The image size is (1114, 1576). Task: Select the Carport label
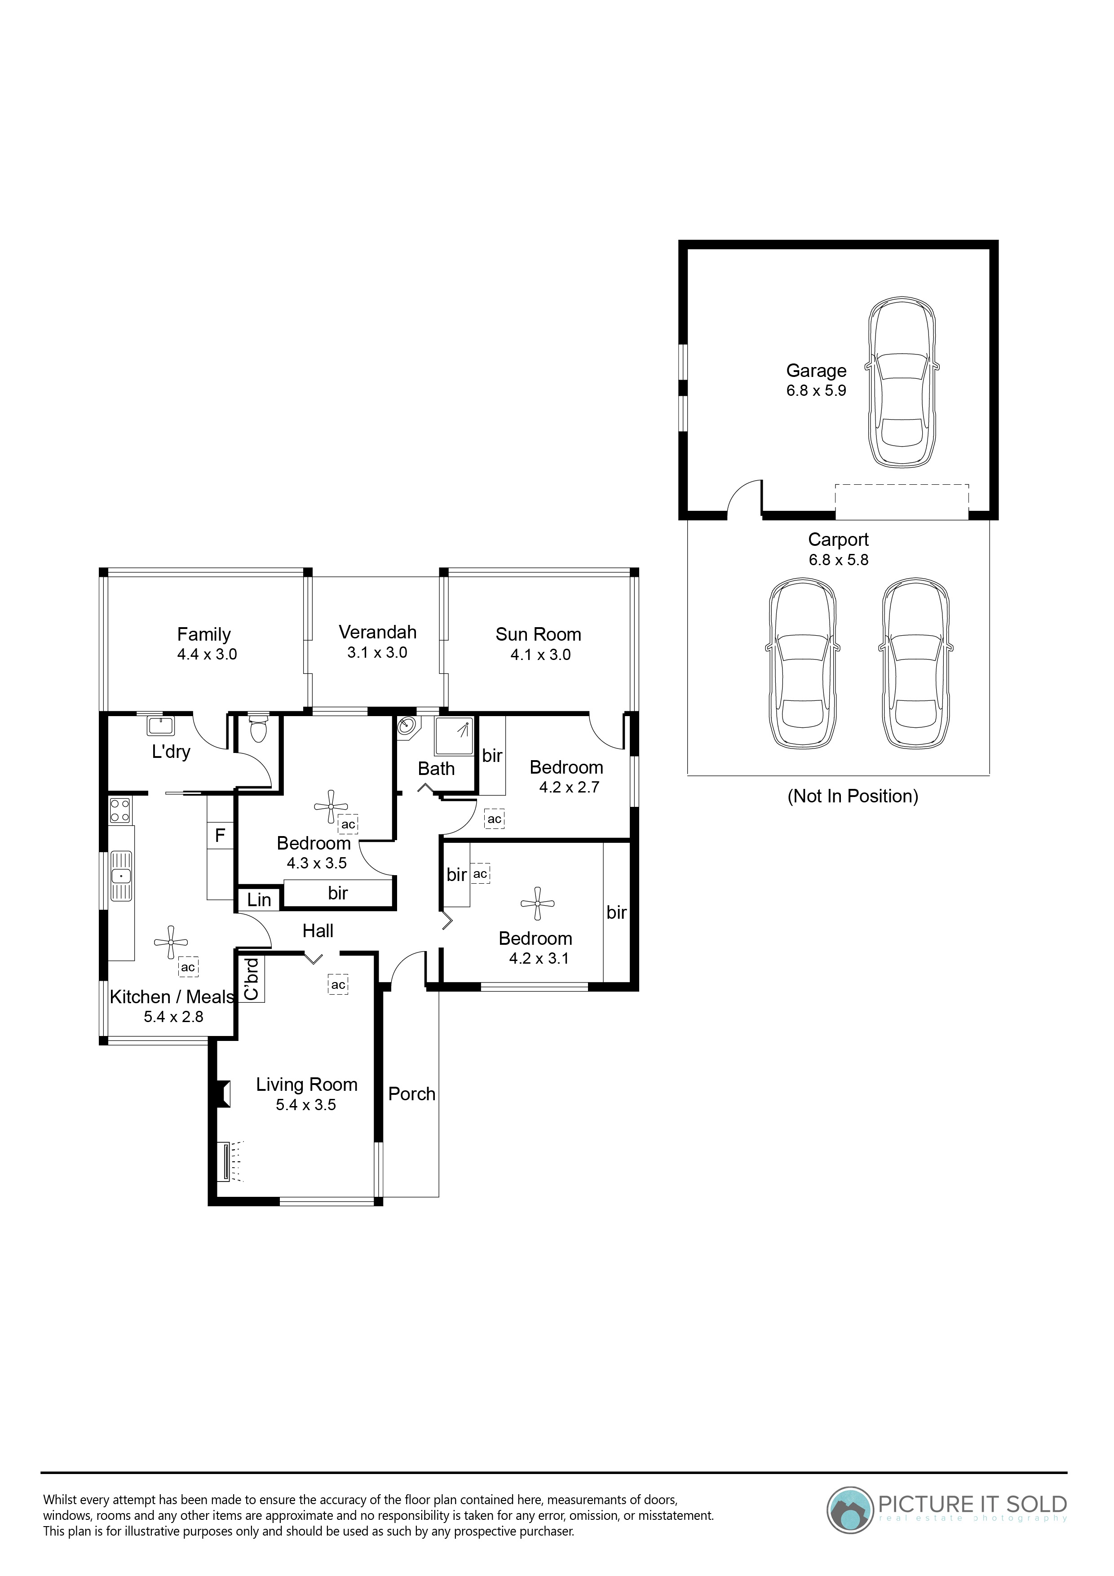tap(838, 540)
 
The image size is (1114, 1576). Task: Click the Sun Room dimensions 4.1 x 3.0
tap(540, 655)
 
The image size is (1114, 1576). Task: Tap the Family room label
tap(204, 634)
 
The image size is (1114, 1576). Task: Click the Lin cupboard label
tap(260, 900)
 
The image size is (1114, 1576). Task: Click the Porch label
tap(412, 1094)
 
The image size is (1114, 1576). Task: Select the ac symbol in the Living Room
tap(338, 985)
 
